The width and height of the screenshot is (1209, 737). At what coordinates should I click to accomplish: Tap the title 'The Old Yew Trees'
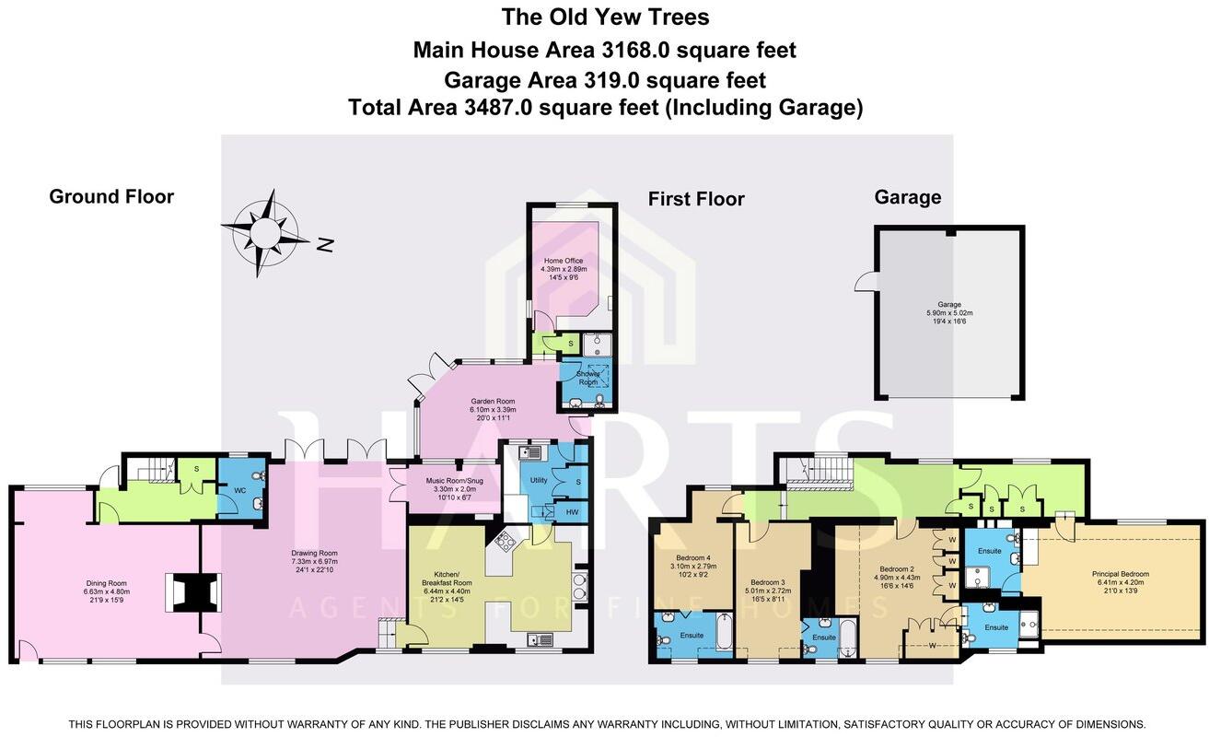pos(605,17)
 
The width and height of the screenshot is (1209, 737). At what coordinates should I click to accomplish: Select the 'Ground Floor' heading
pos(111,196)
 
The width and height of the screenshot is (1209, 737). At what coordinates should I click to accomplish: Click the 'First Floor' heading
pos(696,199)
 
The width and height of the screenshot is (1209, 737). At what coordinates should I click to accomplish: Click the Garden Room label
pos(493,407)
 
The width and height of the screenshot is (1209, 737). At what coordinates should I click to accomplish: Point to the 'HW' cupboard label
pos(572,512)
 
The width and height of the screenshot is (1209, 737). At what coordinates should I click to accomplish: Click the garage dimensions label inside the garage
pos(949,313)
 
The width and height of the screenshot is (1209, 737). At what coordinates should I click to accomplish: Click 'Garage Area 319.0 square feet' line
pos(605,79)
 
